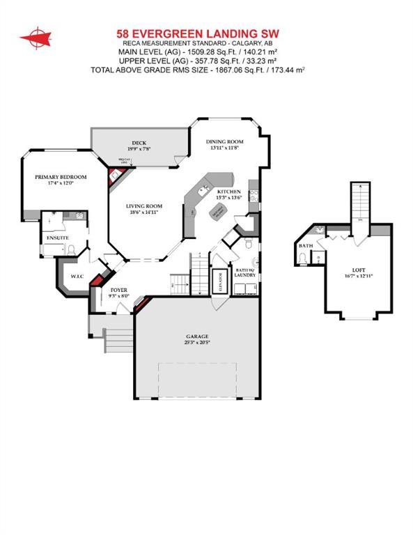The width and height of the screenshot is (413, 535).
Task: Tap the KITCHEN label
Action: pos(228,192)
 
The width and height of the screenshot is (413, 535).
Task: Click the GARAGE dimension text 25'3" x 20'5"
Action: pos(198,343)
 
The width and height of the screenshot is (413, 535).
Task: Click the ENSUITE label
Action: pos(58,238)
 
